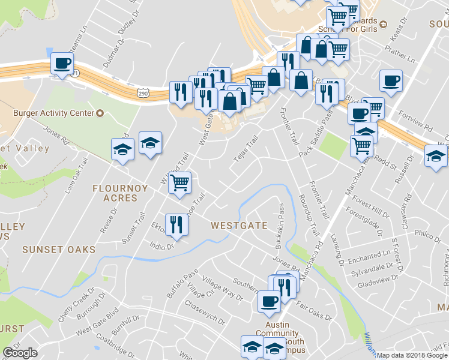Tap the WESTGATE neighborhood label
(239, 226)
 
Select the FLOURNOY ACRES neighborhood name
(119, 193)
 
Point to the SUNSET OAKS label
(59, 249)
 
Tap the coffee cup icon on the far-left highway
(61, 64)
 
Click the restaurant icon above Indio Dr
(176, 224)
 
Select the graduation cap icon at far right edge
(436, 157)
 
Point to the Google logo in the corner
(20, 353)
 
